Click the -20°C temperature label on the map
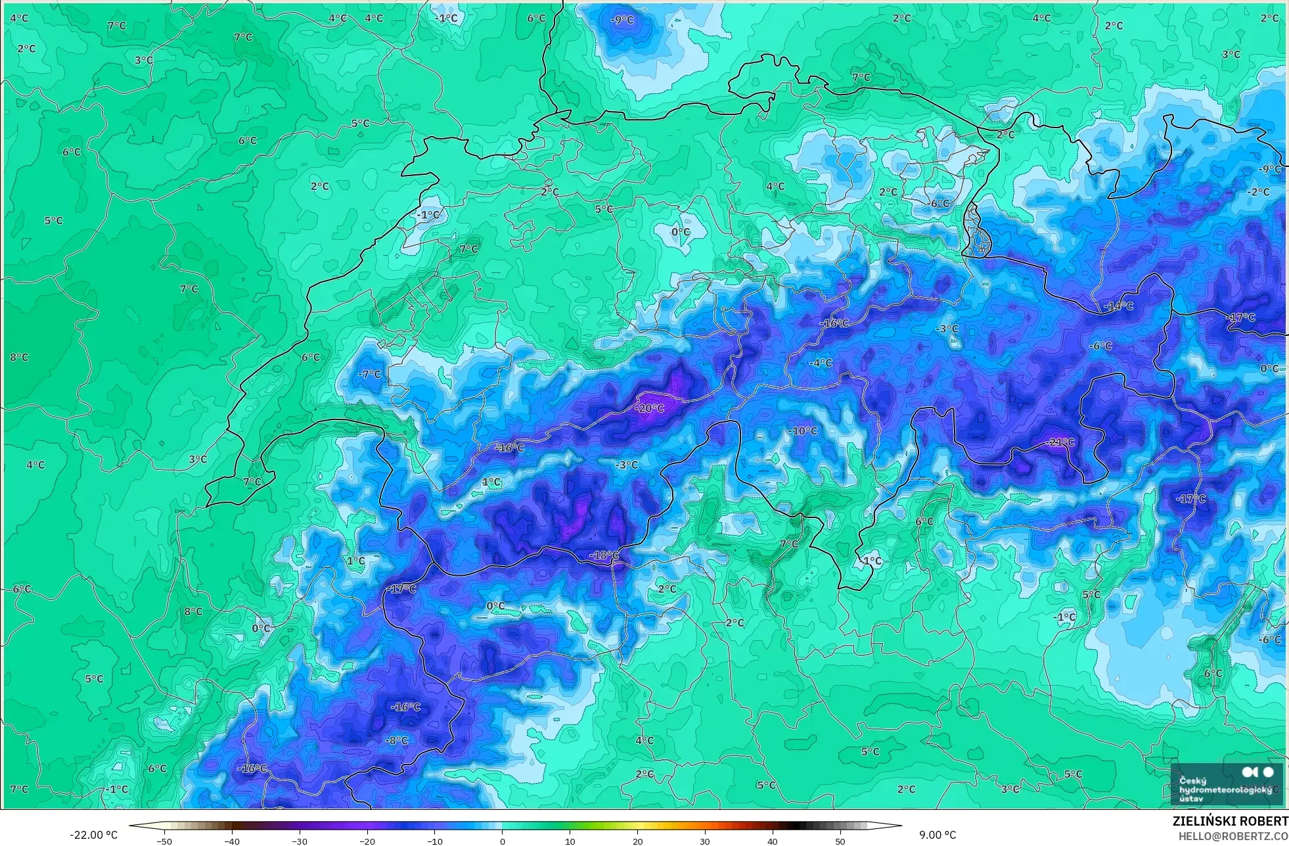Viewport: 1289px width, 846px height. (x=649, y=408)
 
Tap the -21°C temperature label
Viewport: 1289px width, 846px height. (x=1060, y=442)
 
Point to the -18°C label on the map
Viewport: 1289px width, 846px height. (x=604, y=555)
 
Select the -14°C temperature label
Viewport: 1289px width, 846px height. (x=1118, y=306)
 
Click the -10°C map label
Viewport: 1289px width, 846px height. (x=803, y=431)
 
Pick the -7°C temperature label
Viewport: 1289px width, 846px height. (x=370, y=374)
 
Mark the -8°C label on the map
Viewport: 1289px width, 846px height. (x=396, y=740)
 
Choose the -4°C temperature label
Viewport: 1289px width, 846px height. (x=821, y=363)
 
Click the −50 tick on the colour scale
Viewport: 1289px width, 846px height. (x=164, y=841)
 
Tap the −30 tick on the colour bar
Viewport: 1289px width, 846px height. (x=299, y=841)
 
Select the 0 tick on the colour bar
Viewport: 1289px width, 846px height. (x=503, y=841)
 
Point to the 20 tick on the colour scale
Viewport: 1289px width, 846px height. (x=637, y=841)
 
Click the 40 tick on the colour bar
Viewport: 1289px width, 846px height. (x=772, y=841)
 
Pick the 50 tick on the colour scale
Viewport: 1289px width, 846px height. (x=840, y=841)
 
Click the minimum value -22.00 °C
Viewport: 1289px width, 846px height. (x=93, y=835)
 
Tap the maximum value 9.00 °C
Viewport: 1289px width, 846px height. (x=938, y=835)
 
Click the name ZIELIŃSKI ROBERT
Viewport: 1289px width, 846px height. (x=1230, y=821)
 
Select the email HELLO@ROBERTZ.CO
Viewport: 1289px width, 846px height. (x=1232, y=836)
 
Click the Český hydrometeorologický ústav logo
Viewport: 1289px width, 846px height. (x=1226, y=783)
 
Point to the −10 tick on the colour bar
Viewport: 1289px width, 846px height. (x=434, y=841)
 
